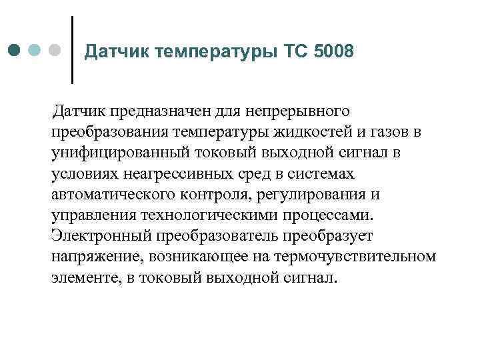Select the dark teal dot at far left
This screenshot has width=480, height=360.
(14, 51)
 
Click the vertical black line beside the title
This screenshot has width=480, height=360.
(72, 49)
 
